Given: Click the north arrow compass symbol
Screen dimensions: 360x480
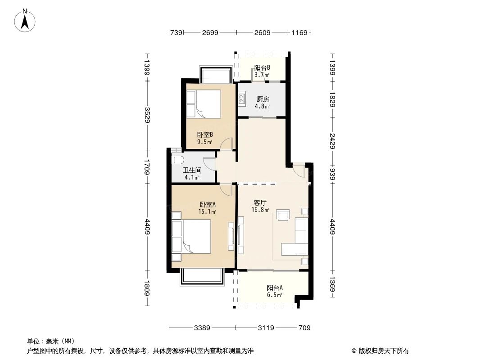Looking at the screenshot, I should click(26, 21).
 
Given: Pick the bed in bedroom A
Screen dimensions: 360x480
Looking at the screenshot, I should click(192, 236).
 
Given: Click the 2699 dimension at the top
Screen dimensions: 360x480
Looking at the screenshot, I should click(210, 32).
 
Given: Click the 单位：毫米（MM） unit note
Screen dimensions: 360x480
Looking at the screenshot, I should click(50, 341).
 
